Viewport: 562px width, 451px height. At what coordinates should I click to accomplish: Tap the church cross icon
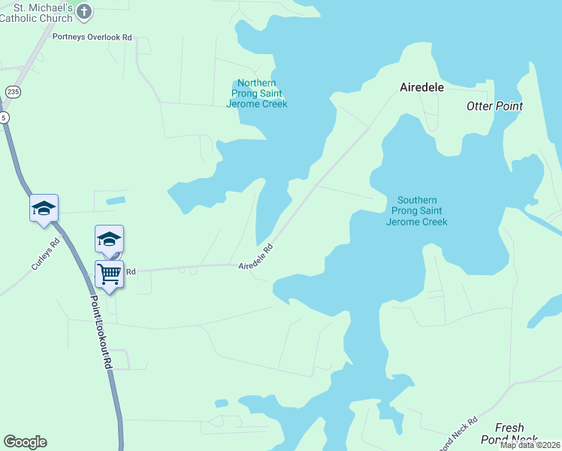[83, 12]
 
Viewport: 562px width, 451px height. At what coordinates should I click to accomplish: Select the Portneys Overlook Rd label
[92, 36]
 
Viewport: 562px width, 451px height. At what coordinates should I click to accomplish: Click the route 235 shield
[12, 92]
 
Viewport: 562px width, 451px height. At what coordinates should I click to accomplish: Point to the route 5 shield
[5, 117]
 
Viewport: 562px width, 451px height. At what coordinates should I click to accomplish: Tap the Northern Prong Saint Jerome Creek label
[256, 93]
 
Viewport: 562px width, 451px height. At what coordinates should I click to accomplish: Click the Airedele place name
[421, 87]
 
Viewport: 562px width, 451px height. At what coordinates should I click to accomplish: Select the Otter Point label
[494, 106]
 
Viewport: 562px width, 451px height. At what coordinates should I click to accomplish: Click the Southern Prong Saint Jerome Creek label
[417, 210]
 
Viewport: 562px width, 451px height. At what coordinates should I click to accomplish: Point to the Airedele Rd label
[255, 257]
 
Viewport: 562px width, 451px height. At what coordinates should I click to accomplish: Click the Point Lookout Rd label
[101, 331]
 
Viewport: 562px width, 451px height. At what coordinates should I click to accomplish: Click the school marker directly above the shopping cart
[109, 240]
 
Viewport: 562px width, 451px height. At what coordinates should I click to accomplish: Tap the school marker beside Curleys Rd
[44, 207]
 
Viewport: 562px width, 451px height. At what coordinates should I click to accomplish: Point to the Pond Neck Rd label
[458, 434]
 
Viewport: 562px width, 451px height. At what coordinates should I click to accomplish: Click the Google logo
[25, 442]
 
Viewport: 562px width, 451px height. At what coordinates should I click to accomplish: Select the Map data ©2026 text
[530, 445]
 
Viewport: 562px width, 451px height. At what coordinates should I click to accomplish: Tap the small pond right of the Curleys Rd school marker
[116, 201]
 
